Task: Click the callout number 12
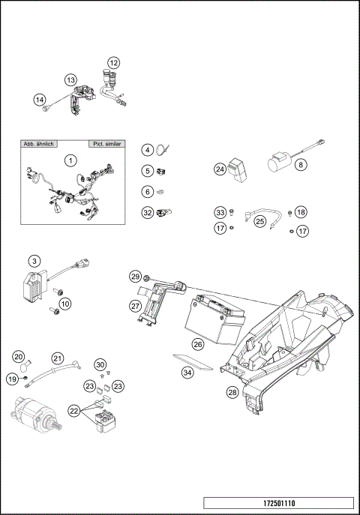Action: tap(113, 62)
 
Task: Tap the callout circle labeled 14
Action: tap(40, 98)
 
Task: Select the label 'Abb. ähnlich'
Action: tap(41, 142)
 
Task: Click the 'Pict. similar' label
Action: tap(106, 142)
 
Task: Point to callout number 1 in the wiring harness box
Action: tap(70, 160)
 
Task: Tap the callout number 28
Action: tap(232, 391)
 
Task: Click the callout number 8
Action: tap(301, 164)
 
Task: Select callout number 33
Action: tap(220, 212)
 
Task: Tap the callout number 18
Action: tap(301, 212)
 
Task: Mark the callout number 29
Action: tap(135, 277)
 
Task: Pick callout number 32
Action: tap(148, 213)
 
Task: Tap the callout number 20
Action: tap(18, 356)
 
